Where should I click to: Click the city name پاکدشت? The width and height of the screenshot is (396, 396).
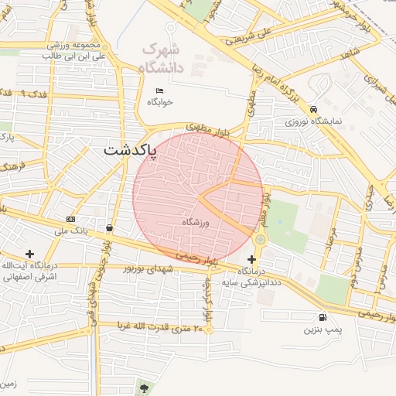click(129, 148)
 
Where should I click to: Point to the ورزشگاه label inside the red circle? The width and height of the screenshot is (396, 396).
click(196, 222)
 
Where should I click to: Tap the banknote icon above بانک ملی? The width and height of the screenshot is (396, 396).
click(71, 220)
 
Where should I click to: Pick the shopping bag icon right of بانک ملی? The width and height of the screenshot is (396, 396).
click(109, 228)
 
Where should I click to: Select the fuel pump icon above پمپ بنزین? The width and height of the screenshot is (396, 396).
click(321, 317)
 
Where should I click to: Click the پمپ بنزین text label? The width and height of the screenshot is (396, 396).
click(321, 329)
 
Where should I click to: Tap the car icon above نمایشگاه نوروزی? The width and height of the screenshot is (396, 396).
click(313, 109)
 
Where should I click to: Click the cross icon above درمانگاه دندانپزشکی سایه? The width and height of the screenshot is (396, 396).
click(251, 259)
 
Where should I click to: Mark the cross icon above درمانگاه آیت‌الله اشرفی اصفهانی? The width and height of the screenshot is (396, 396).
click(30, 254)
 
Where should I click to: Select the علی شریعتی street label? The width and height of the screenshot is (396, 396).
click(259, 35)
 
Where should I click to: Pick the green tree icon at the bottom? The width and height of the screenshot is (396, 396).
click(143, 385)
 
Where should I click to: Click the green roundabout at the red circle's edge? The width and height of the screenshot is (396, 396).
click(260, 240)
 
